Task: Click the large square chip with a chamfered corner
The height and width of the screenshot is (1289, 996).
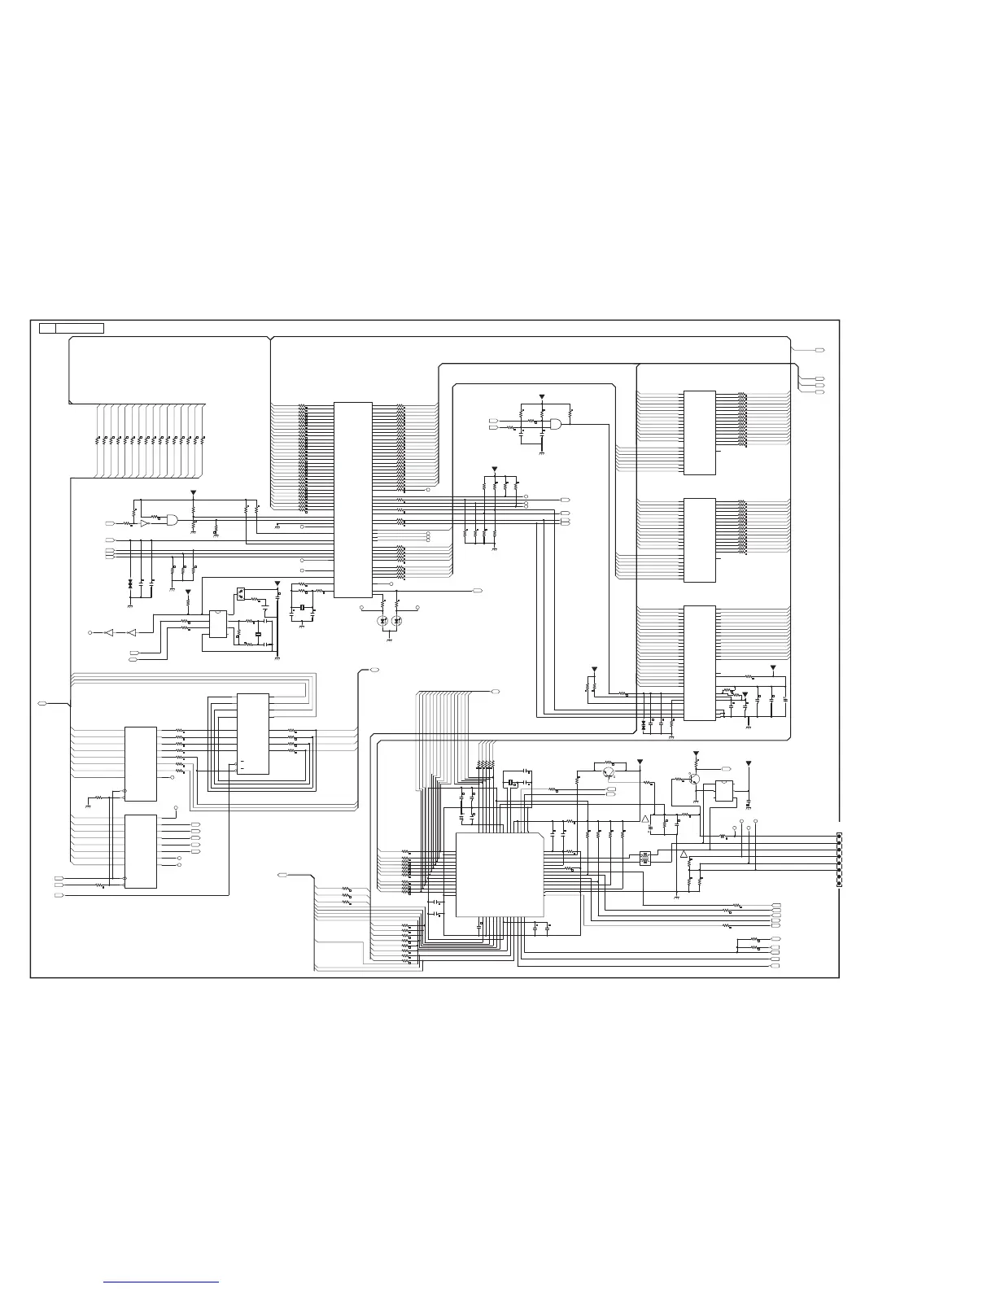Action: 500,875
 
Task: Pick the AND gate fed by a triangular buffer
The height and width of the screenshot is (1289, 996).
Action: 172,520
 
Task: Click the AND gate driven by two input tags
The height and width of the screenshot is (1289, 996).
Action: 557,424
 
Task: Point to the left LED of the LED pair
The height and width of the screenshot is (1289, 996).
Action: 383,621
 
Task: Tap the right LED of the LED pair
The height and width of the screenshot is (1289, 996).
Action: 396,621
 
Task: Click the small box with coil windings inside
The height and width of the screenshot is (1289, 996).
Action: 645,858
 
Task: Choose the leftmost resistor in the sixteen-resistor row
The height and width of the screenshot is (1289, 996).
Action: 98,439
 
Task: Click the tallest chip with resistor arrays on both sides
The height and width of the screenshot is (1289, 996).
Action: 352,500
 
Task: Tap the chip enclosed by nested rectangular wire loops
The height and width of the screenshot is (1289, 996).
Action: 252,734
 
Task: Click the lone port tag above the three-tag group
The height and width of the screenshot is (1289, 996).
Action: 819,350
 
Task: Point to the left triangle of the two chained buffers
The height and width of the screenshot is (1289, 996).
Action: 109,631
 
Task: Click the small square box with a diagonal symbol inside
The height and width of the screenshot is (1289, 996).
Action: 241,593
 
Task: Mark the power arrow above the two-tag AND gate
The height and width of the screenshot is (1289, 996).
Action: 541,397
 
